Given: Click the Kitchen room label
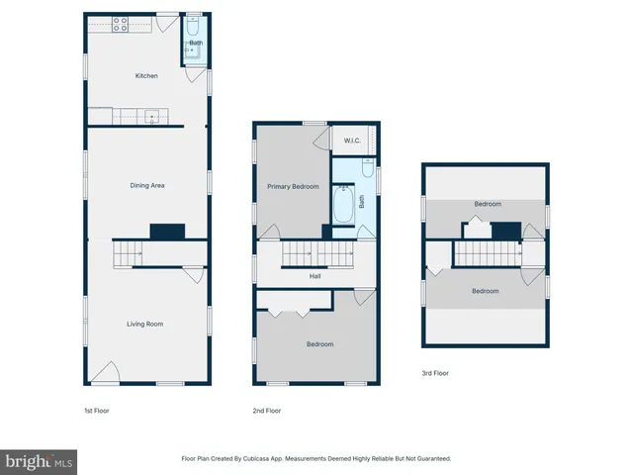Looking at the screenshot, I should pos(146,75).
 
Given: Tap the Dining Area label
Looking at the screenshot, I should pos(146,185).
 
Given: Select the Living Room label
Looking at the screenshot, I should pos(144,324).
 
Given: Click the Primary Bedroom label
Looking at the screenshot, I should pos(293,186).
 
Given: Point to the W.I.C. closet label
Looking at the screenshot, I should pos(351,141).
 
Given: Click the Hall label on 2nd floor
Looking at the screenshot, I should pos(315,276).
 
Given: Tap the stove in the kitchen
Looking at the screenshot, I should pos(120,26).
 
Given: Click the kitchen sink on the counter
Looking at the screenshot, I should pos(151,117).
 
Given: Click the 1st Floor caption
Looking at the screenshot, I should pos(96,410).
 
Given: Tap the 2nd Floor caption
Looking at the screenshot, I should pos(267,410).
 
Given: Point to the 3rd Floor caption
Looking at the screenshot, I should pos(435,373).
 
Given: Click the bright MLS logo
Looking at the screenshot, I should pos(40,461).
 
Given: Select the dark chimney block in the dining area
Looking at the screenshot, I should pos(167,231).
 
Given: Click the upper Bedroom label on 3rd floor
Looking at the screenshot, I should pos(487,204).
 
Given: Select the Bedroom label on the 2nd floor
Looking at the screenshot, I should pos(319,344).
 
